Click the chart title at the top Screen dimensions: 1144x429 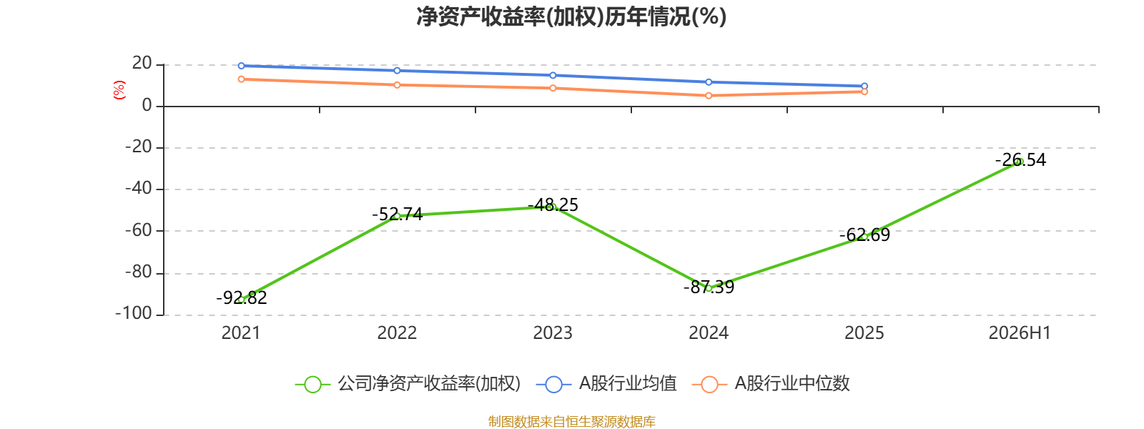click(x=571, y=17)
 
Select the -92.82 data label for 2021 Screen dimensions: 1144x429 click(x=242, y=297)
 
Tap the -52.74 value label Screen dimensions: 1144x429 click(x=398, y=214)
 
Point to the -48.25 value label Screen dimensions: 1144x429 click(x=553, y=205)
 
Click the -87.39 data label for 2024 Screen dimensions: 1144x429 click(x=709, y=287)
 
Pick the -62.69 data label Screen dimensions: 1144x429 click(x=864, y=235)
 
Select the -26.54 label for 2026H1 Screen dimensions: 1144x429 click(x=1020, y=160)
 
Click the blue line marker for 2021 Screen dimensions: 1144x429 click(x=242, y=66)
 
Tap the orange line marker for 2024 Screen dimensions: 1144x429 click(x=709, y=96)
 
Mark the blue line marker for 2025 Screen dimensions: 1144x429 click(x=864, y=87)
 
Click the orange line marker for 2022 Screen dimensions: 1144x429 click(x=398, y=85)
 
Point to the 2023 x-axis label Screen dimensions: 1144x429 click(x=553, y=333)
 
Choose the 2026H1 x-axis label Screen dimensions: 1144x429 click(x=1020, y=333)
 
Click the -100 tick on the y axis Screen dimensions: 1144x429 click(x=134, y=313)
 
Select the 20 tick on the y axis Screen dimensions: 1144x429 click(x=142, y=64)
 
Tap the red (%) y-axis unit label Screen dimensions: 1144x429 click(x=119, y=90)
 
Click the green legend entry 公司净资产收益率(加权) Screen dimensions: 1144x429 click(x=408, y=383)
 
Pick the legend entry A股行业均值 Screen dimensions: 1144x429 click(x=607, y=383)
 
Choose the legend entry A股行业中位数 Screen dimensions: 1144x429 click(x=771, y=383)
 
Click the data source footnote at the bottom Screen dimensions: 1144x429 click(x=571, y=421)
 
